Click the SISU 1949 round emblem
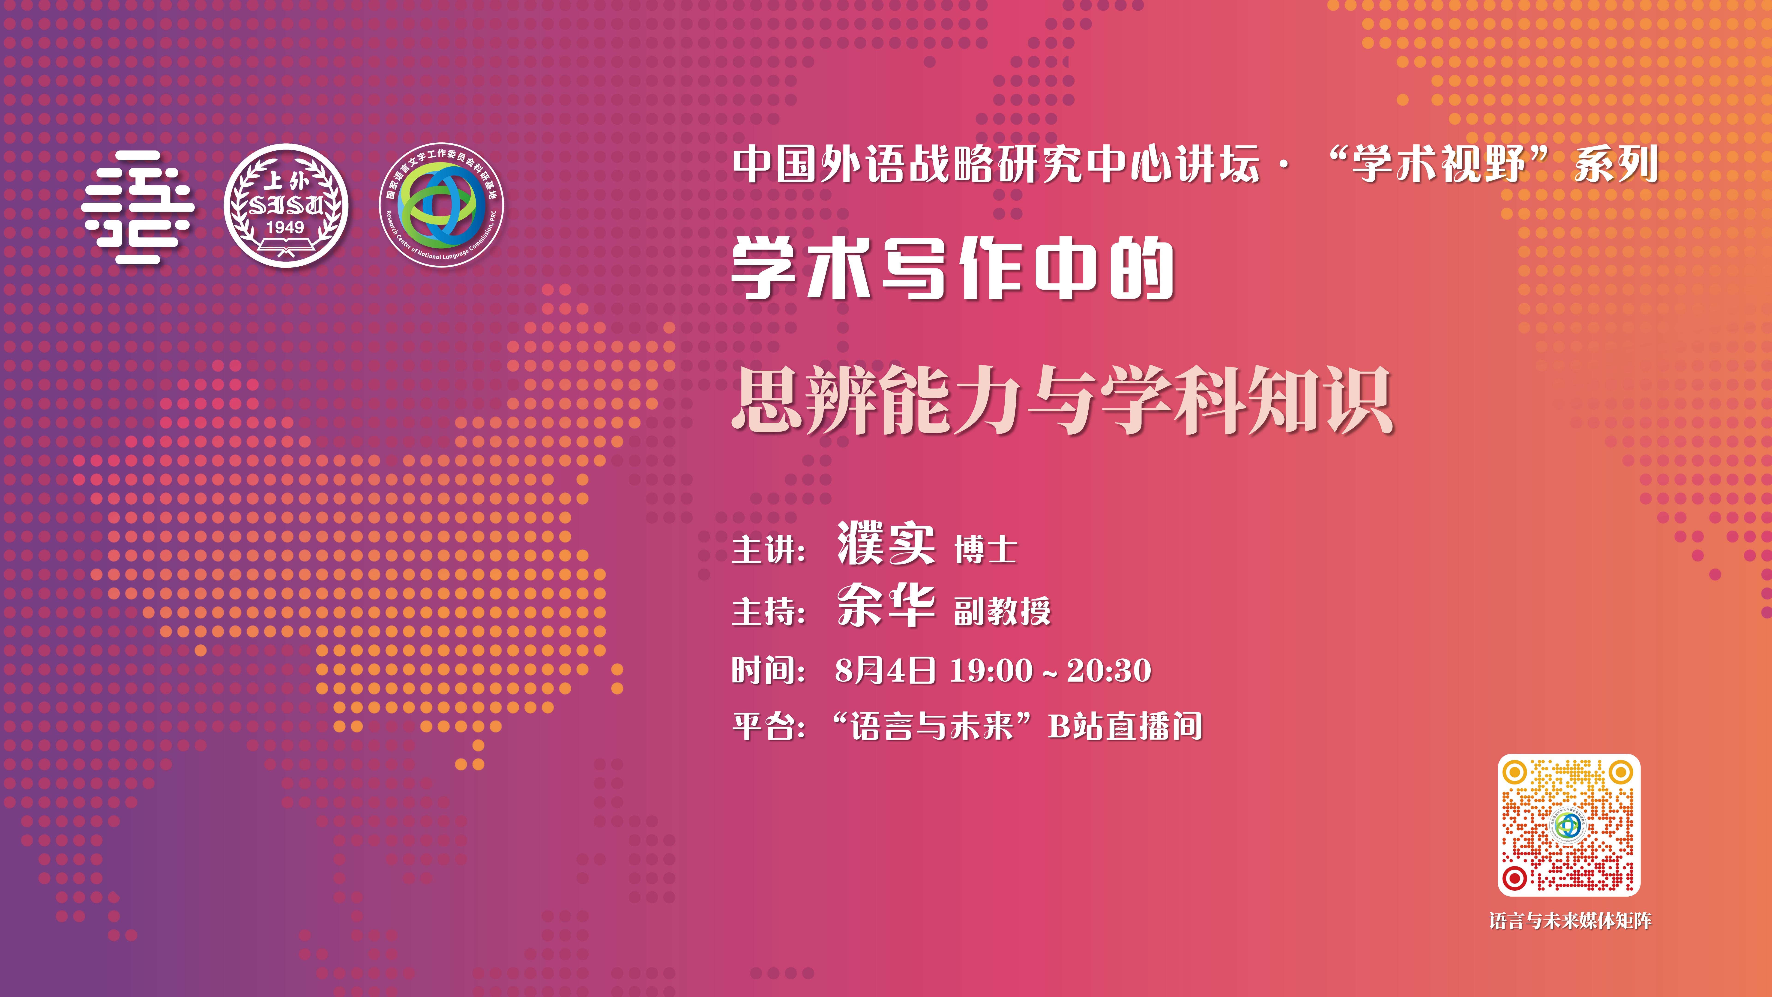click(286, 205)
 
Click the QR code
click(1569, 825)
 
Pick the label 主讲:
click(768, 550)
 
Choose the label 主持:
click(768, 611)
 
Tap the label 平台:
click(768, 727)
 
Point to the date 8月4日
click(885, 670)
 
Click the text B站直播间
click(1125, 727)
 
